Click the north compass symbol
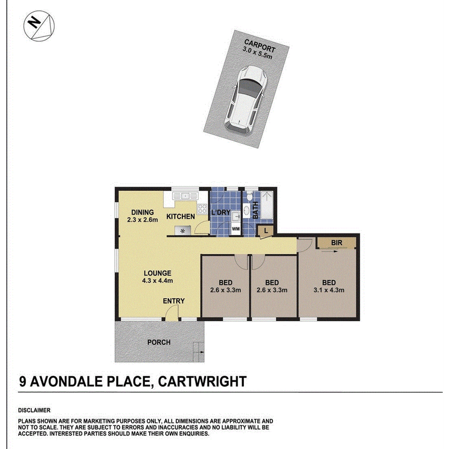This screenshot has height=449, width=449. [39, 27]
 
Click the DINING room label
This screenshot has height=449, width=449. [142, 212]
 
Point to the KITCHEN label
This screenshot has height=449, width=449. [180, 216]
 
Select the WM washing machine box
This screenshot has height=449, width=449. [235, 229]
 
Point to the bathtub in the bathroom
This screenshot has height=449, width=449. [267, 206]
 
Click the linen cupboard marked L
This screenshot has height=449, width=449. [267, 230]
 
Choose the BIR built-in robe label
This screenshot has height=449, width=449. [336, 242]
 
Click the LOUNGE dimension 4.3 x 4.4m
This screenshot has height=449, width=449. [158, 281]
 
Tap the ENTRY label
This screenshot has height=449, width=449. [174, 301]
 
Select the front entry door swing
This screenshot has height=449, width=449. [172, 312]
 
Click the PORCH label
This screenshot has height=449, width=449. [159, 342]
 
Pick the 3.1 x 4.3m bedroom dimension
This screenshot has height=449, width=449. [328, 290]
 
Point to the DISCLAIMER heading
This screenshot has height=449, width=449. [34, 410]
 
